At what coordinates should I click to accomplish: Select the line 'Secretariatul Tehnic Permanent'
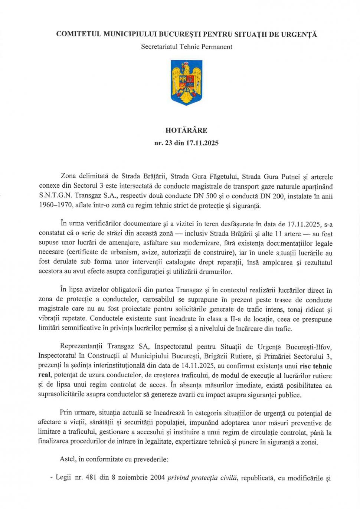pyautogui.click(x=187, y=47)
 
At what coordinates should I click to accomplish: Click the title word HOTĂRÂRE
pyautogui.click(x=186, y=131)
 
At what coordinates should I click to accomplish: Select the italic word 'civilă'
pyautogui.click(x=228, y=478)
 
